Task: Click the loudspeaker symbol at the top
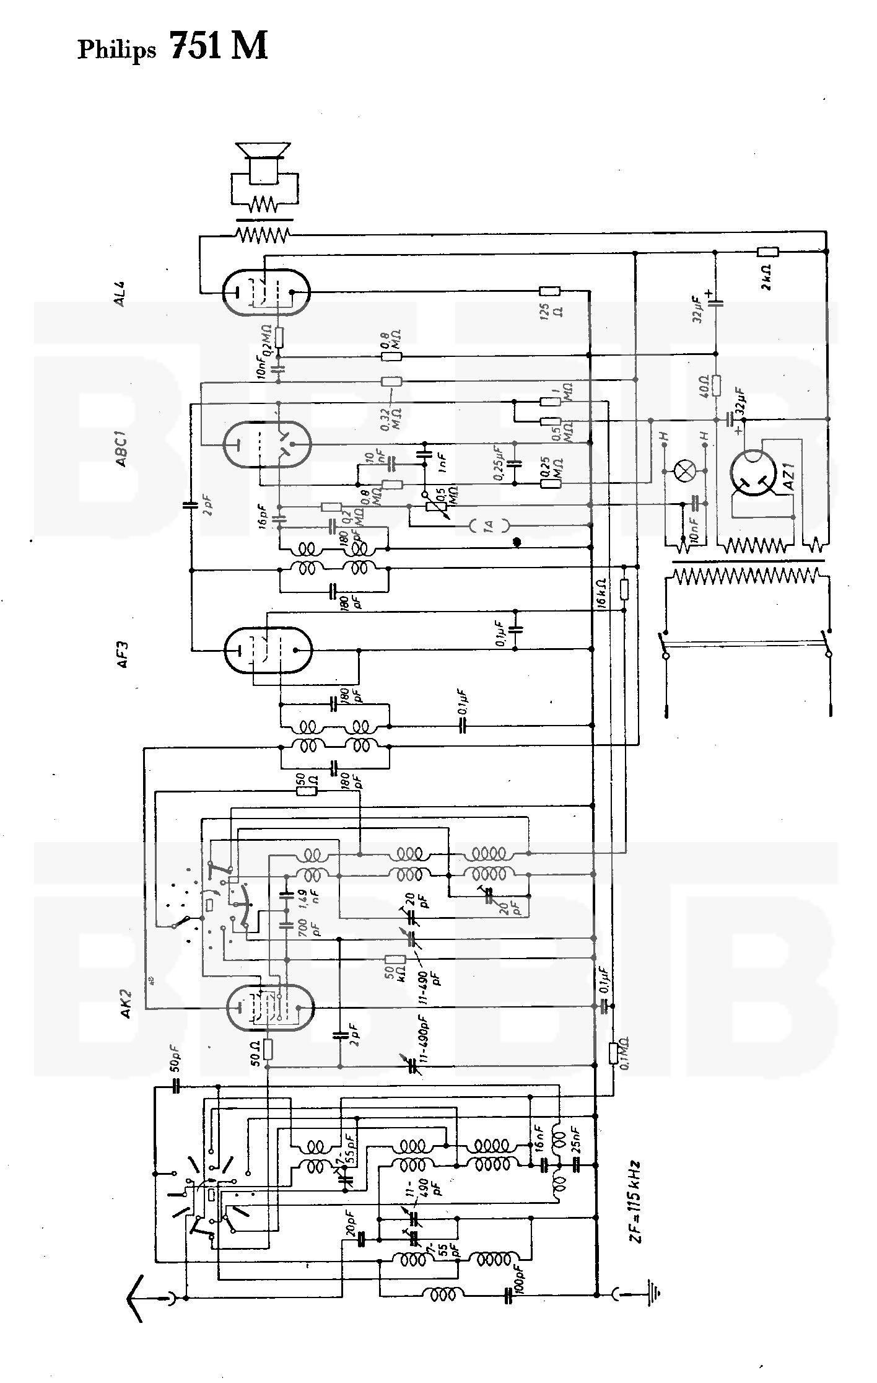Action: click(x=263, y=162)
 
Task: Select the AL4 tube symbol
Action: click(x=266, y=291)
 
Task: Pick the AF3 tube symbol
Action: click(x=267, y=649)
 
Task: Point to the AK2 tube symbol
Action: click(x=270, y=1006)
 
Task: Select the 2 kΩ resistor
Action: click(x=768, y=252)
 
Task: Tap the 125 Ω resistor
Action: click(x=549, y=291)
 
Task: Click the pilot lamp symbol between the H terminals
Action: click(x=684, y=472)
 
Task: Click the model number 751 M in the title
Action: click(x=219, y=46)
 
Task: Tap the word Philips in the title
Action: click(x=116, y=50)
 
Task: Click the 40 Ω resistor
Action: click(x=717, y=386)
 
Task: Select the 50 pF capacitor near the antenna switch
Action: click(x=175, y=1087)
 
